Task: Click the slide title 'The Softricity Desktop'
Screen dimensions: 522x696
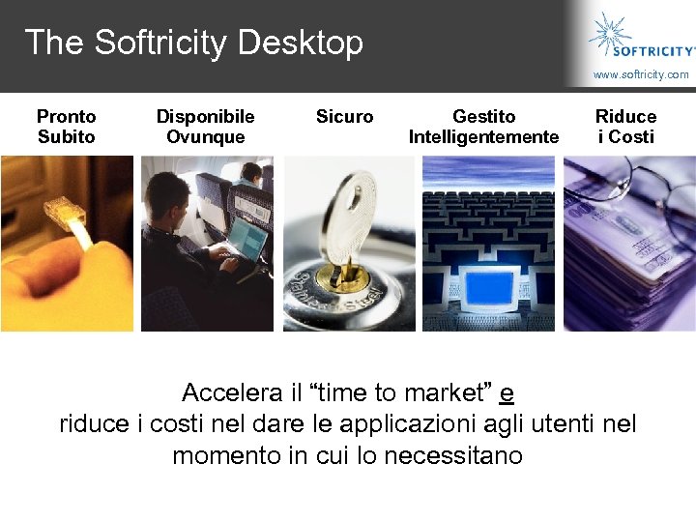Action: (x=193, y=43)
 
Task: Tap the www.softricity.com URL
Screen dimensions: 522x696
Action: (x=641, y=74)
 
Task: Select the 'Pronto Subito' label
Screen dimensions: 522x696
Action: (x=66, y=127)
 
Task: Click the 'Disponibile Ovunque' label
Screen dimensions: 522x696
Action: (x=205, y=127)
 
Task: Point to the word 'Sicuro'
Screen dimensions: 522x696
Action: (x=344, y=117)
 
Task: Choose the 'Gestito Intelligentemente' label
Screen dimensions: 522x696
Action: (x=483, y=127)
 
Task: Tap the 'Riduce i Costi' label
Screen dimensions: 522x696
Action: (x=625, y=127)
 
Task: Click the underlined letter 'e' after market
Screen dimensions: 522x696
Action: (x=507, y=393)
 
